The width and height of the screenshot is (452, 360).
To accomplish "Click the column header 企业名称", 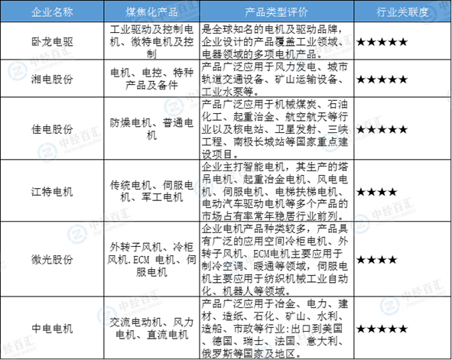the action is (x=52, y=12).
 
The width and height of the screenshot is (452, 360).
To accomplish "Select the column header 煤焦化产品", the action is (x=151, y=12).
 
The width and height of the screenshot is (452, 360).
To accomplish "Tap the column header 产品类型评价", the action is (x=276, y=12).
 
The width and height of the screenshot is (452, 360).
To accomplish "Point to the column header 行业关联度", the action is (x=402, y=12).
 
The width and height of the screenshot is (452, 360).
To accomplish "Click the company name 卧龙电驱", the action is (x=52, y=42).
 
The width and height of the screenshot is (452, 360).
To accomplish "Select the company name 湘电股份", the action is (x=52, y=79).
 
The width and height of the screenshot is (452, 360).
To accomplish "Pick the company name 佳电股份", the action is (x=52, y=129).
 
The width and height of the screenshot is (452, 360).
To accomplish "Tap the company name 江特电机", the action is (x=52, y=192).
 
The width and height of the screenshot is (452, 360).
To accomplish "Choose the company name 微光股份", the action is (x=52, y=260).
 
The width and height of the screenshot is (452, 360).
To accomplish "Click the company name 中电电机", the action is (x=52, y=329).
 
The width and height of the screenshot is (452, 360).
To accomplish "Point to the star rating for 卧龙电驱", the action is (x=382, y=42).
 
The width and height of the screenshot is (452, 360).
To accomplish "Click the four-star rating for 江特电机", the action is (x=377, y=192).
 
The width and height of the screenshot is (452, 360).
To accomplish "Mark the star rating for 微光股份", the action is (x=377, y=260).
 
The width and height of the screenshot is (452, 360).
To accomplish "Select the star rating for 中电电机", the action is (x=382, y=329).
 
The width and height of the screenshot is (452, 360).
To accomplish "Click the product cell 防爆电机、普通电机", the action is (x=151, y=129).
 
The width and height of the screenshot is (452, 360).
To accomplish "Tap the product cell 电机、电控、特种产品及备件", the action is (x=151, y=79).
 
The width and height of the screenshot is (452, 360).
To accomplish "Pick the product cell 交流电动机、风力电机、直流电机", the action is (x=151, y=329).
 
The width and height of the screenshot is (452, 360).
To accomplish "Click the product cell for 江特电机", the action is (x=151, y=191).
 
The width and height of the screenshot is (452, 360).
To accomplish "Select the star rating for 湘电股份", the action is (x=382, y=79).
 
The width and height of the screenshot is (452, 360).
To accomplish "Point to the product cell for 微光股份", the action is (x=151, y=260).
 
